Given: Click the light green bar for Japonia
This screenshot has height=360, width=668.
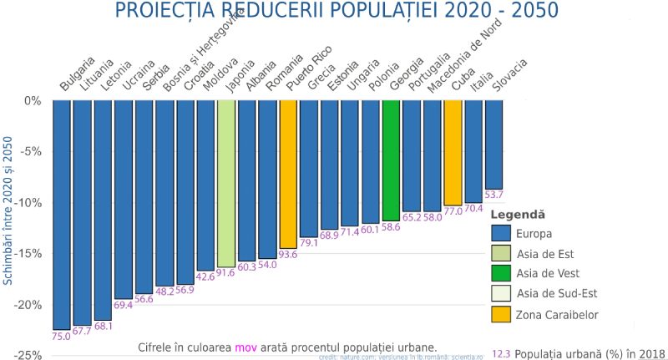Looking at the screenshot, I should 225,184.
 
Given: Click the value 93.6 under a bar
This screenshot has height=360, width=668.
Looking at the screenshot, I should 288,278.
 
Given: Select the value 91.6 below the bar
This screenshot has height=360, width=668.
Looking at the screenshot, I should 225,273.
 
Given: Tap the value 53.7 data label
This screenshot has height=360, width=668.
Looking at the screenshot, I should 494,195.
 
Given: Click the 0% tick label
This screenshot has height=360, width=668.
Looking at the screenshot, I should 33,101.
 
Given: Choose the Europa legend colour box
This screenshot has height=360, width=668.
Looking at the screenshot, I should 501,233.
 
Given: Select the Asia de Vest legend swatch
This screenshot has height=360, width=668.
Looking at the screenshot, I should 501,273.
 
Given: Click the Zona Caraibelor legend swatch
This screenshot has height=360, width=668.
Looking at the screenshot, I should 501,314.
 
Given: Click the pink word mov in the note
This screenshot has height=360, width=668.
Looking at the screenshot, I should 245,347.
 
